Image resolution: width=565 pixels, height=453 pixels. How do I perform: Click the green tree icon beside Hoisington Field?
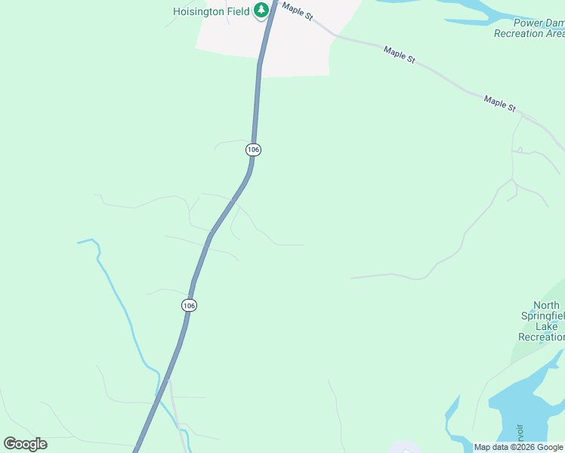261,10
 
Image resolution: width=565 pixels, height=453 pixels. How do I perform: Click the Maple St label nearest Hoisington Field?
298,10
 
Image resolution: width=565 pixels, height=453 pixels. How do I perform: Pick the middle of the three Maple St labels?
399,55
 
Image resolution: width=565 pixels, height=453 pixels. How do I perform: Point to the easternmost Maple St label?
499,103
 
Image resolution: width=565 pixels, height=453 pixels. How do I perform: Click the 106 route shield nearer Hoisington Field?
253,149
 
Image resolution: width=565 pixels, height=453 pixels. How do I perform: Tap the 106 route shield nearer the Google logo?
189,305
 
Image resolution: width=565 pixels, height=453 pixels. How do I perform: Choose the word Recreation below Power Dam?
529,33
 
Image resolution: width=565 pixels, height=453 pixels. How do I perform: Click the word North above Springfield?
546,306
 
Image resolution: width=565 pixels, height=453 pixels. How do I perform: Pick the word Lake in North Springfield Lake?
546,326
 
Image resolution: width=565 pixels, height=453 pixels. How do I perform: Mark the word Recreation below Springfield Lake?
541,337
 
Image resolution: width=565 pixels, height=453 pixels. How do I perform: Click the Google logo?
26,443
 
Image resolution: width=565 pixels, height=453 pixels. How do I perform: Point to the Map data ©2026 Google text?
517,447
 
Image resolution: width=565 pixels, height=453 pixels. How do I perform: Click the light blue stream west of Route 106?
121,302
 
